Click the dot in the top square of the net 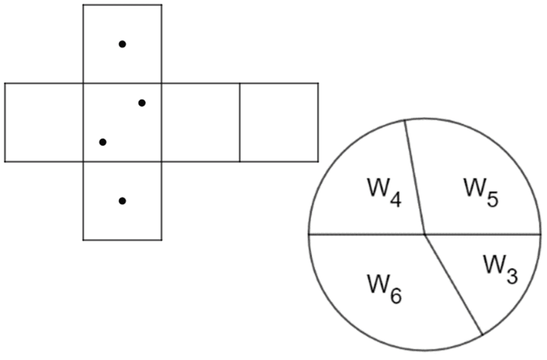click(122, 44)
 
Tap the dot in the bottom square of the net click(122, 201)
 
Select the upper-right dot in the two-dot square click(142, 103)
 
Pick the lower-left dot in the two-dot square click(103, 142)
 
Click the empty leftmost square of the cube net click(44, 122)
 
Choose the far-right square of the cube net click(279, 122)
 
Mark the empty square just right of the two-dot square click(201, 122)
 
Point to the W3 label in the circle click(500, 268)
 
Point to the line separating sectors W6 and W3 click(453, 285)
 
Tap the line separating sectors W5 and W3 click(483, 234)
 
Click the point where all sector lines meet click(425, 234)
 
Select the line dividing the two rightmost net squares click(239, 122)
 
